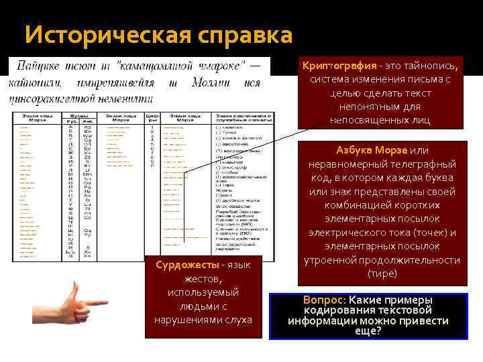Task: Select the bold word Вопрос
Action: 324,300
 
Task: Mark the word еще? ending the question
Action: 368,330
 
